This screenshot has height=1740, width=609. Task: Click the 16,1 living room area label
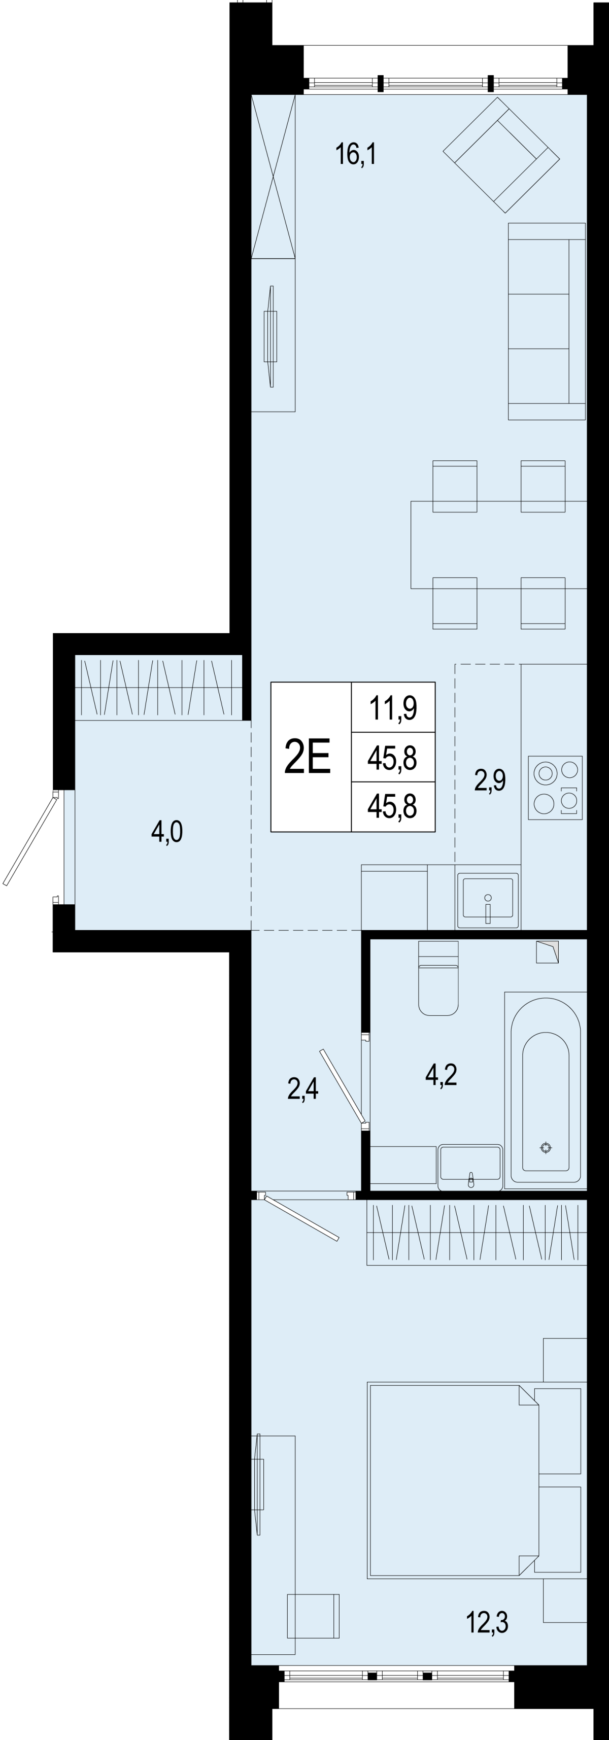(356, 154)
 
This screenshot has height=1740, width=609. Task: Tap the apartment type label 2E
(308, 756)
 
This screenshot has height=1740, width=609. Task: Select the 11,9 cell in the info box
(393, 708)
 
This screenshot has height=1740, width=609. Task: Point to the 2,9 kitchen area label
(490, 780)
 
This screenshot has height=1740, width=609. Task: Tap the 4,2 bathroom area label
(442, 1074)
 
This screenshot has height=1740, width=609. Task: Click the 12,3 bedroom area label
(487, 1621)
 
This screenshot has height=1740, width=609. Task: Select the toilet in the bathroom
(438, 977)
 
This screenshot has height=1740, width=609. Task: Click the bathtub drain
(546, 1148)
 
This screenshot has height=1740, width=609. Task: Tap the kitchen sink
(488, 900)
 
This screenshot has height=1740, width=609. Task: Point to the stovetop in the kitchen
(555, 788)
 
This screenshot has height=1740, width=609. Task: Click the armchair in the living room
(501, 155)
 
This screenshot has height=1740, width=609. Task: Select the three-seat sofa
(547, 322)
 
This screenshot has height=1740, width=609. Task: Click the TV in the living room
(270, 336)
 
